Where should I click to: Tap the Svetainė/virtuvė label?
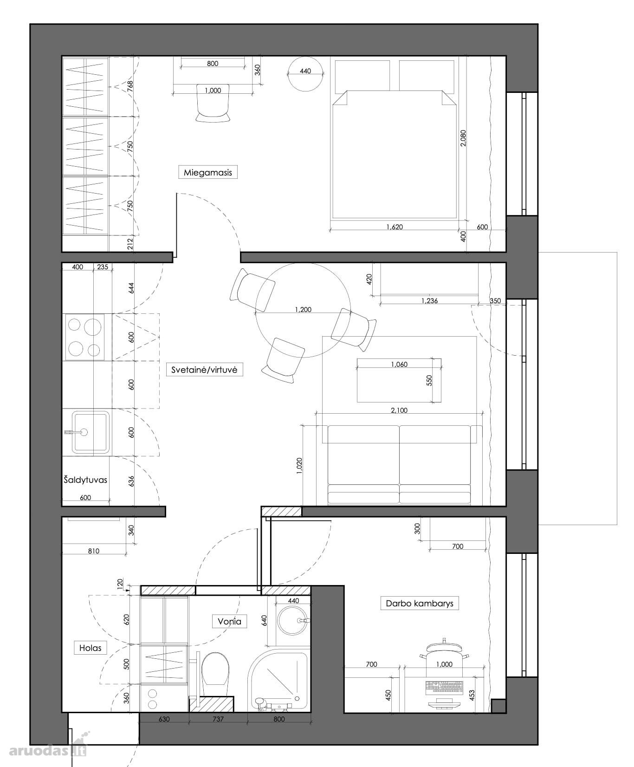[204, 370]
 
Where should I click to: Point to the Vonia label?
[229, 621]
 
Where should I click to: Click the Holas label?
[90, 648]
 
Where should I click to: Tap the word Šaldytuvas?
[85, 480]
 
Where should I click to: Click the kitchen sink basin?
[91, 432]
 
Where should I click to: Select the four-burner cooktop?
[85, 337]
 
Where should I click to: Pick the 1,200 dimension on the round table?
[303, 309]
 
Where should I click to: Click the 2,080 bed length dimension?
[463, 138]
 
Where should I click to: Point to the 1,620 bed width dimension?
[395, 227]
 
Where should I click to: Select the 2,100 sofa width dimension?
[399, 410]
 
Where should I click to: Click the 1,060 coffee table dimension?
[399, 364]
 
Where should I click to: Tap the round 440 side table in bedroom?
[305, 74]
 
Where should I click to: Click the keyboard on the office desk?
[444, 687]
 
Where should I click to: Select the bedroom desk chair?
[213, 103]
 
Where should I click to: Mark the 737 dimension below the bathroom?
[218, 719]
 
